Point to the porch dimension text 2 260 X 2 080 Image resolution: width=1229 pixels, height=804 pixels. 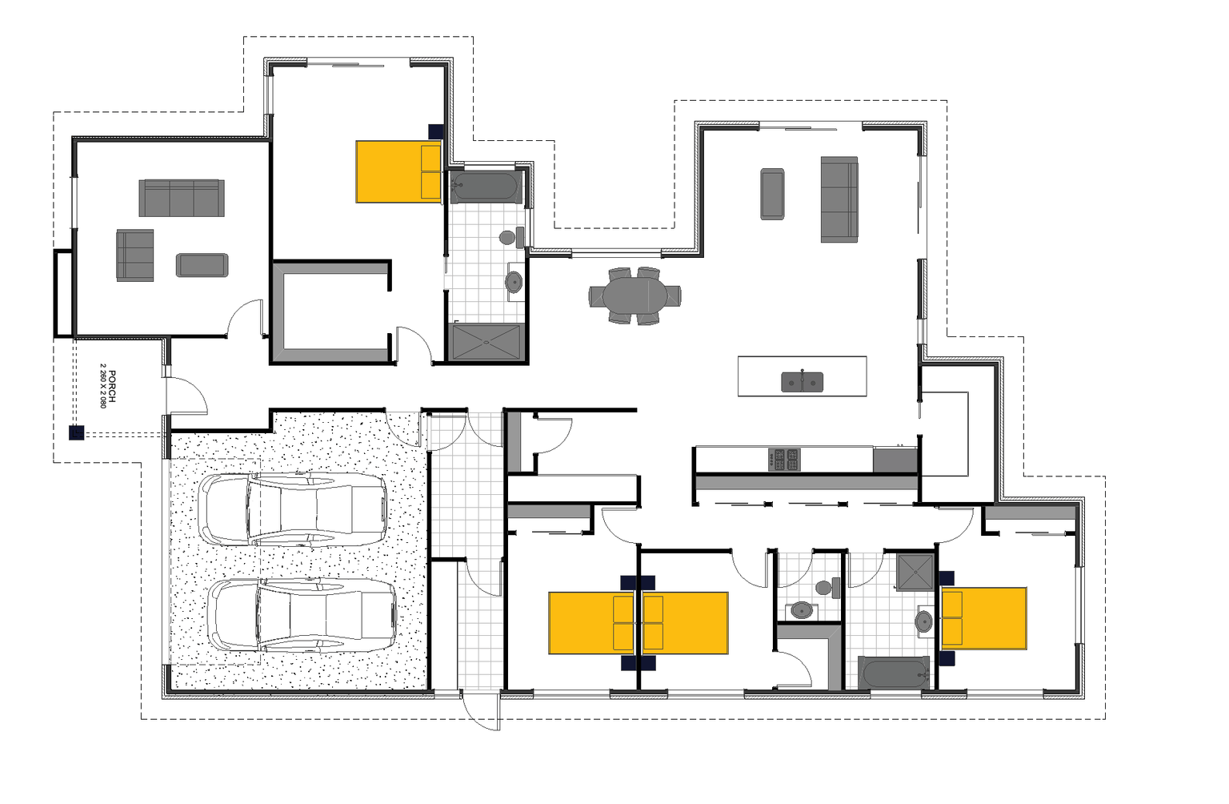(x=102, y=386)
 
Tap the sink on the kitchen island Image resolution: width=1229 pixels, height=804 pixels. (x=802, y=382)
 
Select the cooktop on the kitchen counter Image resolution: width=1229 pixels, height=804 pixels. (x=783, y=460)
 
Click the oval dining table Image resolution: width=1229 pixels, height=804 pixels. (x=635, y=296)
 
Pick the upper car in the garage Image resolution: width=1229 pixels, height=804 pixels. (x=293, y=510)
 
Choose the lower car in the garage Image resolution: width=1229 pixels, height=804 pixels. (x=302, y=615)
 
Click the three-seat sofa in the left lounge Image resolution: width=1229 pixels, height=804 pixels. (x=181, y=198)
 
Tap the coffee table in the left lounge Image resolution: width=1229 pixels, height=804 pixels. (x=202, y=265)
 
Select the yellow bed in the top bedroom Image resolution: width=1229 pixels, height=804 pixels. (x=398, y=171)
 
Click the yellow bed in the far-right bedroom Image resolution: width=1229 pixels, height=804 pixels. (x=983, y=618)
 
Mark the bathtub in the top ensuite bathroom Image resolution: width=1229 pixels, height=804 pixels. (x=486, y=187)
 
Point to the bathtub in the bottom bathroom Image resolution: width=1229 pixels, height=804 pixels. (x=895, y=673)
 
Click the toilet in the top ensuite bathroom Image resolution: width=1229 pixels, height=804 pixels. (x=510, y=237)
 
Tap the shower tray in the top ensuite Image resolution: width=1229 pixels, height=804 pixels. (x=486, y=342)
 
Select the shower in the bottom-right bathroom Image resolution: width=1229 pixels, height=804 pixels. (x=915, y=572)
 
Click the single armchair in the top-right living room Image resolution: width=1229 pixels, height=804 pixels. (x=772, y=194)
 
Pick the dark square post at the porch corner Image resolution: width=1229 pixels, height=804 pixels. (x=76, y=433)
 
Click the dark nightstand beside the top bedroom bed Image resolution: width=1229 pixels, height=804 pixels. (x=435, y=131)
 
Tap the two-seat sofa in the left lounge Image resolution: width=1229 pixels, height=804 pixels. (x=134, y=255)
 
